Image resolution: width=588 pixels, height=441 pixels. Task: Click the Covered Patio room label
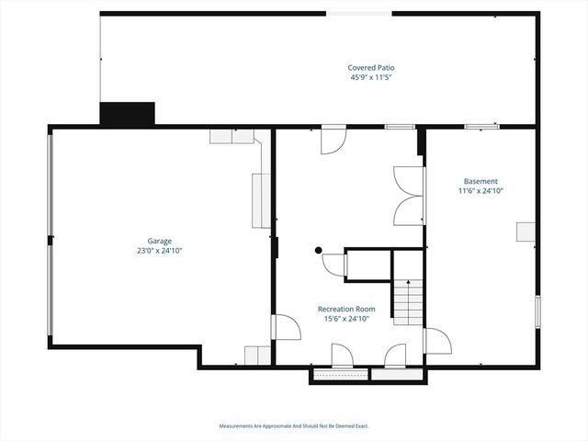[370, 68]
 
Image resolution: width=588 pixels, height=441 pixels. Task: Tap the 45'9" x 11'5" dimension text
[370, 78]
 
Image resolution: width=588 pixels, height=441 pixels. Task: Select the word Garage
[160, 241]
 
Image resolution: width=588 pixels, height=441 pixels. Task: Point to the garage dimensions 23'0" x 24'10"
[160, 250]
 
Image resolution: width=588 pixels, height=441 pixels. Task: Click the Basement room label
[481, 181]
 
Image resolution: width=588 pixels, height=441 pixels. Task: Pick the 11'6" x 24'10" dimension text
[481, 191]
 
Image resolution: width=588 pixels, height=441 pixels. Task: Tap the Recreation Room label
[346, 309]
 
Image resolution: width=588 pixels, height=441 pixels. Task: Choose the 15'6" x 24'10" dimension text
[346, 319]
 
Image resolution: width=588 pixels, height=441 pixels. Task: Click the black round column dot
[318, 250]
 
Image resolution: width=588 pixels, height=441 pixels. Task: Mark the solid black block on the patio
[127, 114]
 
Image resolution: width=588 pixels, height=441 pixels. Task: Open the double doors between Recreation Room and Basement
[408, 195]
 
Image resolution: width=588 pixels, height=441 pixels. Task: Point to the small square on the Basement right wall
[526, 232]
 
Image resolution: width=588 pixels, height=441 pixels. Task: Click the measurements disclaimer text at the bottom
[293, 425]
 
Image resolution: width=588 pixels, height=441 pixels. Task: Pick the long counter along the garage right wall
[259, 199]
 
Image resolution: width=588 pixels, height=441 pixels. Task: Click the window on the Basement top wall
[481, 127]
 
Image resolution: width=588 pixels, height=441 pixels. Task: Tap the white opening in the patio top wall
[358, 13]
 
